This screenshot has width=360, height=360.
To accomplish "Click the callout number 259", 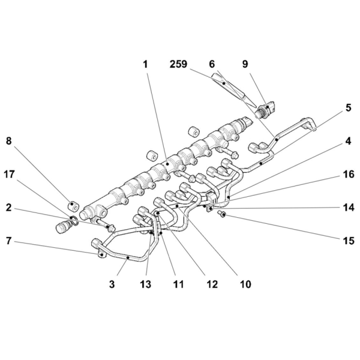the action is coord(178,64).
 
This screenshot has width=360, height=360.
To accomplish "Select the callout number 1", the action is coord(145,64).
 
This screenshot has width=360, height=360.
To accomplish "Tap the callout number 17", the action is coord(9,175).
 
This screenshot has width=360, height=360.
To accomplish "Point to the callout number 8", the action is coord(9,141).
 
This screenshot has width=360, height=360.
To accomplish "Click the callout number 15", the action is coord(349,241).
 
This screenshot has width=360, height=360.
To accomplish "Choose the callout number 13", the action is coord(146,284).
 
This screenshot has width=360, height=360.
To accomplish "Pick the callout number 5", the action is coord(349,107).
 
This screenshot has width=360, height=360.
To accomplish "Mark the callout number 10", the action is coord(245,284).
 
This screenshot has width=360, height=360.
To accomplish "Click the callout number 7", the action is coord(9,241).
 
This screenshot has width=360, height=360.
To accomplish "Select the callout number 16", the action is coord(349,175).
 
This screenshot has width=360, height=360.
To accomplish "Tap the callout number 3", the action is coord(112,284).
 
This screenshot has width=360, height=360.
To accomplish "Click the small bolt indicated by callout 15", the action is coord(222,214).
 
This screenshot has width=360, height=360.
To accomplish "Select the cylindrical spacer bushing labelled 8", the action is coord(73,206).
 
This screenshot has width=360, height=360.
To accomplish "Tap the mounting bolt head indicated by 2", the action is coord(111,228).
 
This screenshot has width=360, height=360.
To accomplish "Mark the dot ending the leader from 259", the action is coord(223,83).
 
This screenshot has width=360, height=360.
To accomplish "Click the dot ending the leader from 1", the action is coord(167,164).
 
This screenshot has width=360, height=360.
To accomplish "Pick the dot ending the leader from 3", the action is coord(128,258).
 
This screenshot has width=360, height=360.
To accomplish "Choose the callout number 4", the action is coord(349,141).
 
